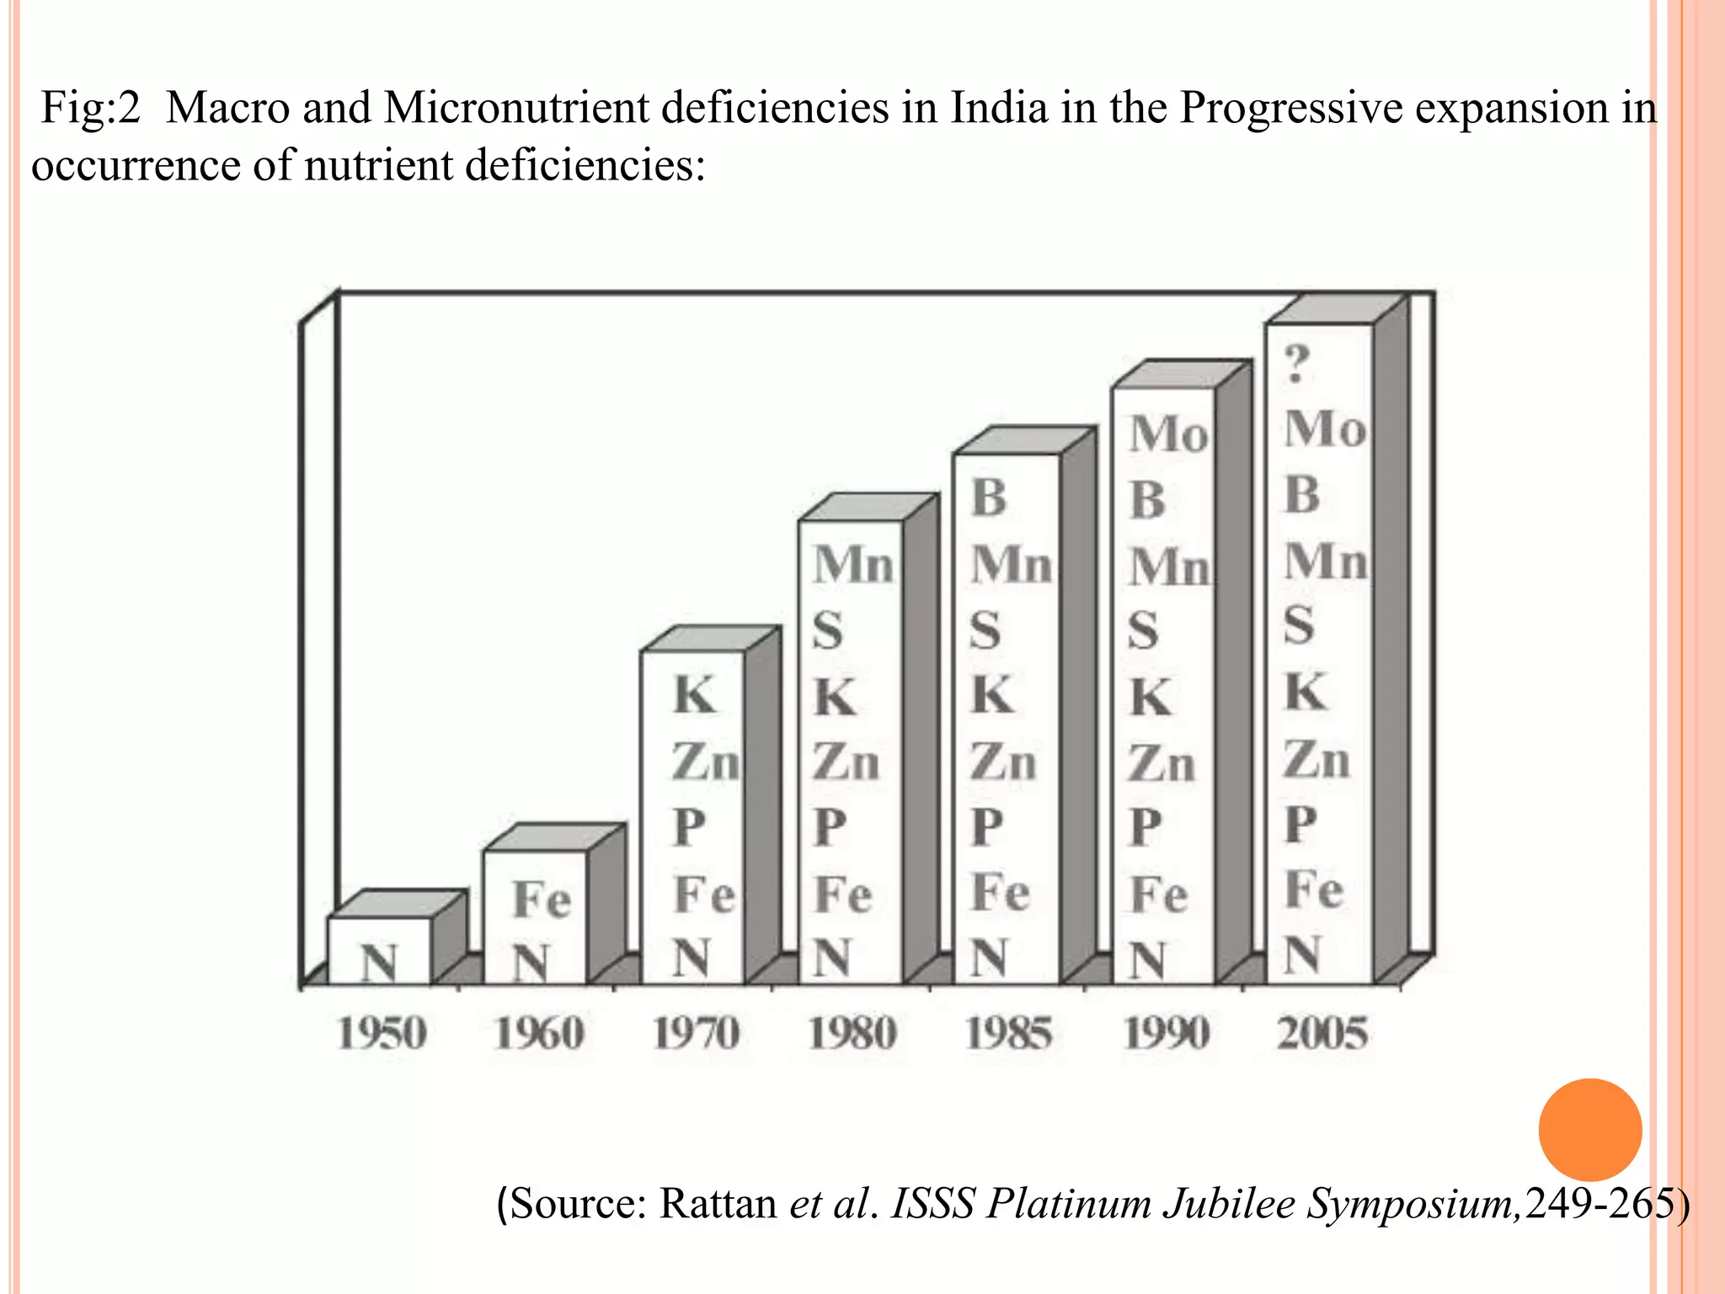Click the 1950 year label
[x=382, y=1033]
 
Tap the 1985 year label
[x=1008, y=1033]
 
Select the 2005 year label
[x=1322, y=1033]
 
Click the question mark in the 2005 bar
[x=1297, y=364]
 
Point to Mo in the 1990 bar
[x=1168, y=435]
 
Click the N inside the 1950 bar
[x=379, y=962]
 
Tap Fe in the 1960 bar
[x=542, y=900]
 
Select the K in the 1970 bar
[x=695, y=696]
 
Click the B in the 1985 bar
[x=989, y=497]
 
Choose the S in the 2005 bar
[x=1298, y=625]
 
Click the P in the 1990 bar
[x=1146, y=827]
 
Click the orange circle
[x=1589, y=1130]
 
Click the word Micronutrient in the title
[x=515, y=109]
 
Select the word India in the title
[x=998, y=109]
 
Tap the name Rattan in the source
[x=717, y=1203]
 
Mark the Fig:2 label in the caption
[x=90, y=109]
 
